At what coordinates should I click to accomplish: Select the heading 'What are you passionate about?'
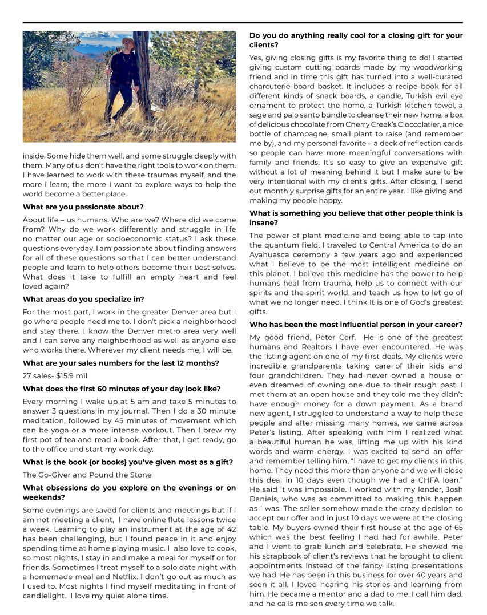coord(83,207)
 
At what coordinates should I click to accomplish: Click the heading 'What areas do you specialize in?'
coord(83,299)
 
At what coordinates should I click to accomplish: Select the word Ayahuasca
coord(272,254)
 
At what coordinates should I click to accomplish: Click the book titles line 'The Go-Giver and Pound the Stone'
coord(87,475)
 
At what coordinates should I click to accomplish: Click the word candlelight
coord(47,596)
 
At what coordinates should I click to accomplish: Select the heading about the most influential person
coord(356,325)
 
